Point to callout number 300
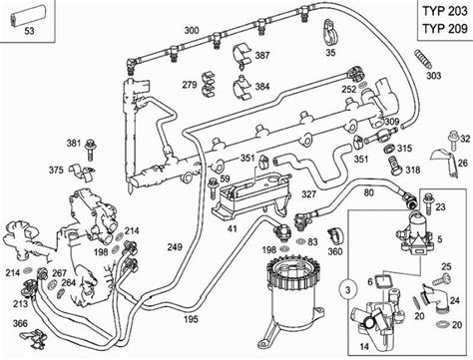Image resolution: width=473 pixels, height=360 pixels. [x=191, y=32]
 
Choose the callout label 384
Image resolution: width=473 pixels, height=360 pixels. [x=261, y=87]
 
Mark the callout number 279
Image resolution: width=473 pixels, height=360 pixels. [x=189, y=85]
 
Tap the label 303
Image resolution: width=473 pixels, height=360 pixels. [x=432, y=75]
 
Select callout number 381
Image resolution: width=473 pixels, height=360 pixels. [x=74, y=144]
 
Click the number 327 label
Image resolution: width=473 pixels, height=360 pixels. [x=309, y=195]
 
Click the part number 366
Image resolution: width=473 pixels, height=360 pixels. [x=20, y=323]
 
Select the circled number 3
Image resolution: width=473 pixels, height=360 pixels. [x=348, y=289]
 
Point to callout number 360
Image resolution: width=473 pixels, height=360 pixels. [x=335, y=252]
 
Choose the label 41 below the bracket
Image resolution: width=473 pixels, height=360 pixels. [x=232, y=228]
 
